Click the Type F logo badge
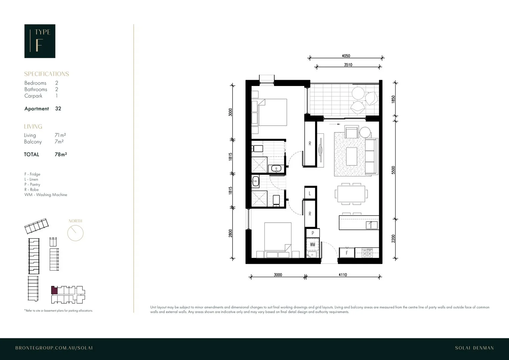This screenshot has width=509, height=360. [40, 41]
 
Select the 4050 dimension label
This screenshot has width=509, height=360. [346, 56]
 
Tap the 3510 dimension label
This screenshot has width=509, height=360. [348, 65]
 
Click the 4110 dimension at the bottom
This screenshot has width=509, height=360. [343, 275]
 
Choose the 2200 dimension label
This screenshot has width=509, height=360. [393, 239]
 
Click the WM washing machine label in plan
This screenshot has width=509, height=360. [312, 244]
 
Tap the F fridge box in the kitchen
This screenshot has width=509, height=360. [347, 253]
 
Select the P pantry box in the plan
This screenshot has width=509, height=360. [313, 233]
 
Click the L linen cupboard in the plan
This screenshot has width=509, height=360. [310, 193]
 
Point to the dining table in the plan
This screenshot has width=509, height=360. [351, 194]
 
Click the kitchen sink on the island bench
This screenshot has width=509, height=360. [372, 225]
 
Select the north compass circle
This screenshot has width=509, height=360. [75, 233]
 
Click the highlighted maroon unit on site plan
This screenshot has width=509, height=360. [54, 290]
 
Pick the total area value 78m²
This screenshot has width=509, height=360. [61, 155]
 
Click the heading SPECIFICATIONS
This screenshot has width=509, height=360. [46, 74]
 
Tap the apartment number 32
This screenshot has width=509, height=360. [58, 109]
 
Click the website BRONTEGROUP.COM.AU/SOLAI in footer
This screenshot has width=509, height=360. [54, 348]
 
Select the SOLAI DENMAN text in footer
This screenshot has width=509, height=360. [474, 348]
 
